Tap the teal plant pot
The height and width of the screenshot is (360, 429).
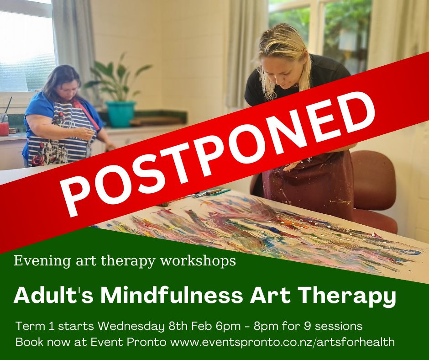120,114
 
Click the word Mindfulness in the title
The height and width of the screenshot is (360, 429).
172,296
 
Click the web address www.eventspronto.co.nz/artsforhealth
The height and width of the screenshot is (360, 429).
282,342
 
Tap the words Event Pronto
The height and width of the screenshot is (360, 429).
128,342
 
